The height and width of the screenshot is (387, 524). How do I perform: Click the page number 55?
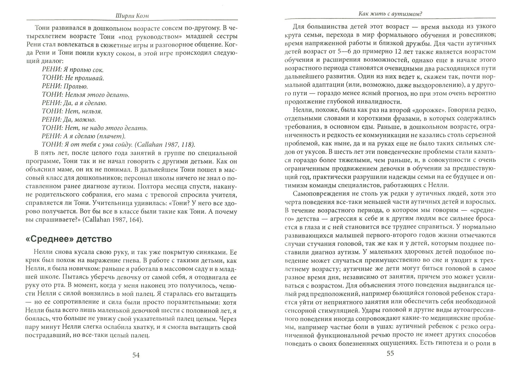390,353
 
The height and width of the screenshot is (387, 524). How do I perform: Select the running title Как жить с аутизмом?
390,14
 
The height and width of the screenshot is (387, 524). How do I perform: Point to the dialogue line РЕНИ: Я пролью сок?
73,70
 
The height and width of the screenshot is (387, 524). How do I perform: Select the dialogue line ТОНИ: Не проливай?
73,78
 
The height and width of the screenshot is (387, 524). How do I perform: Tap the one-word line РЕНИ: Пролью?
65,86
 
